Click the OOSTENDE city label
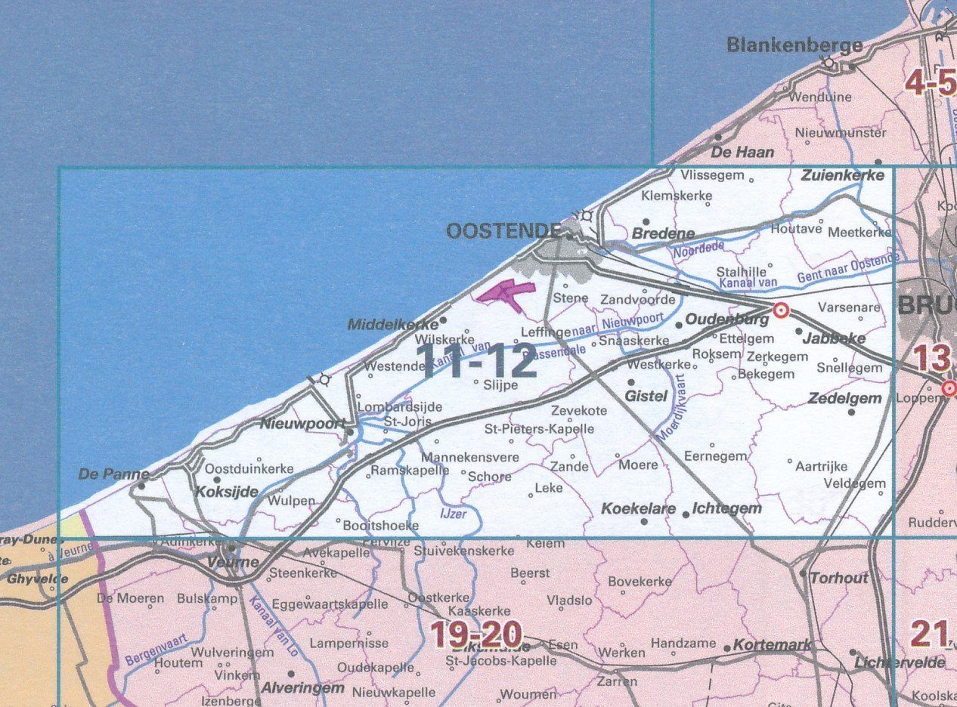coord(503,231)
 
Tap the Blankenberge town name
coord(794,45)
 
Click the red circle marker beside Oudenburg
coord(781,310)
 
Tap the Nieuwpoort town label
coord(302,424)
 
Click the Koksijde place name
coord(227,492)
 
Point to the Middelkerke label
coord(392,324)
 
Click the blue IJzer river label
coord(452,514)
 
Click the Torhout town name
coord(839,578)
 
